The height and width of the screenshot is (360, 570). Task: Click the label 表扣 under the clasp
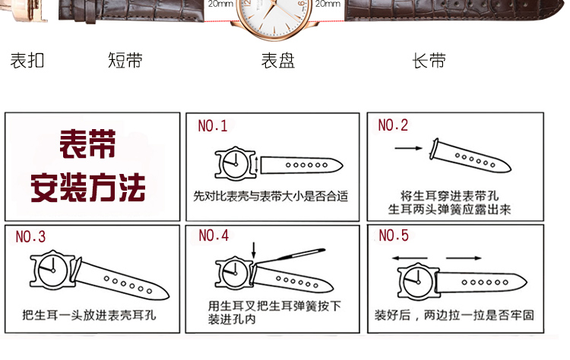pyautogui.click(x=27, y=61)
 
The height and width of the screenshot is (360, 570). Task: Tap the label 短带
pyautogui.click(x=125, y=60)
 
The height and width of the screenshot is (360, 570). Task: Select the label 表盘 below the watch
pyautogui.click(x=278, y=61)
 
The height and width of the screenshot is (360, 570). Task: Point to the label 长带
pyautogui.click(x=429, y=61)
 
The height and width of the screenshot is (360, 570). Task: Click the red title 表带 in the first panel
pyautogui.click(x=87, y=144)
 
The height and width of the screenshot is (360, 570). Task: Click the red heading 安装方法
pyautogui.click(x=87, y=188)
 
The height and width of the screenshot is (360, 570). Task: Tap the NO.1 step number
pyautogui.click(x=213, y=125)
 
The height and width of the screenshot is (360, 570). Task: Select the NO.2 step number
pyautogui.click(x=393, y=125)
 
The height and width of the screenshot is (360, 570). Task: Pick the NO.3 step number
pyautogui.click(x=30, y=237)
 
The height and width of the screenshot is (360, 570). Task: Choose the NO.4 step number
pyautogui.click(x=214, y=235)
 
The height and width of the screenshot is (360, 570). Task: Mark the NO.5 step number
pyautogui.click(x=394, y=235)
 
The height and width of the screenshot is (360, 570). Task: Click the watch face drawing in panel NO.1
pyautogui.click(x=236, y=163)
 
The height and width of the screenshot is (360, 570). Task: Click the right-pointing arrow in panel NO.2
pyautogui.click(x=409, y=148)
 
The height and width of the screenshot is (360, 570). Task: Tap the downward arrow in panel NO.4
pyautogui.click(x=254, y=251)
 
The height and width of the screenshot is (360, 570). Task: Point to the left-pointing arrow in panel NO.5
pyautogui.click(x=410, y=258)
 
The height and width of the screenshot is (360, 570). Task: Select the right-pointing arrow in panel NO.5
pyautogui.click(x=464, y=258)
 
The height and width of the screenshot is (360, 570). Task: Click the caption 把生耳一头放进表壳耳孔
pyautogui.click(x=90, y=315)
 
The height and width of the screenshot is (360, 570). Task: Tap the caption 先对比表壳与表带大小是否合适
pyautogui.click(x=271, y=197)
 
